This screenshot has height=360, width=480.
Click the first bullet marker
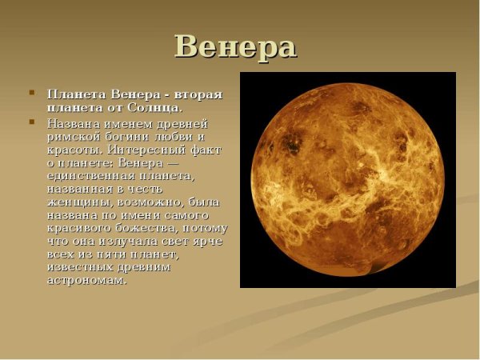point(32,93)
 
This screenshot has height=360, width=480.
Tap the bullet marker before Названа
point(32,122)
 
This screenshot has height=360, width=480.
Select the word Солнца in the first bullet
point(157,107)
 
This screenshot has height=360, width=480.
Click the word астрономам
point(87,280)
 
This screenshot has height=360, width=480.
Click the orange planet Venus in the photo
point(348,179)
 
